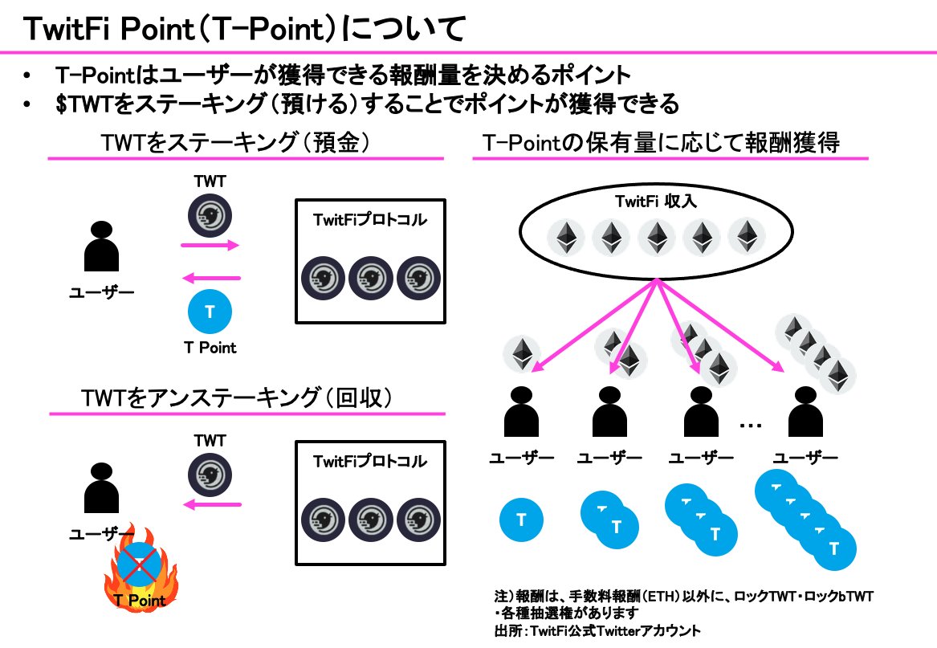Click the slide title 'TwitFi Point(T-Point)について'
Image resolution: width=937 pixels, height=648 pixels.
(x=241, y=30)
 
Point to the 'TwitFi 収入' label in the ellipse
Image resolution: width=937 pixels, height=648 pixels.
(x=658, y=202)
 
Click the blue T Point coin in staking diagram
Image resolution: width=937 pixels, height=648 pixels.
(x=210, y=312)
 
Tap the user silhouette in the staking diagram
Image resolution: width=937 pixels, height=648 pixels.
(x=102, y=247)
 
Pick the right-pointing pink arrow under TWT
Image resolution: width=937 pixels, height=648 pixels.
(x=211, y=246)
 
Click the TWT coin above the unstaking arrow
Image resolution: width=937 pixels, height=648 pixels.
(x=210, y=472)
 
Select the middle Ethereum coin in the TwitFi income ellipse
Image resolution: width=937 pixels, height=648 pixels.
(x=657, y=238)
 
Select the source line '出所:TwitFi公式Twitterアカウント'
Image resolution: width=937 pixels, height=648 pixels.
(x=597, y=631)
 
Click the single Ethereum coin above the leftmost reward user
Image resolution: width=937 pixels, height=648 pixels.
(x=523, y=354)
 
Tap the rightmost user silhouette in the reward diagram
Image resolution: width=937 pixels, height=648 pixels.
(x=805, y=414)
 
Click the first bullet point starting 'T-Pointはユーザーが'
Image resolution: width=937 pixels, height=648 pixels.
(x=342, y=75)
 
